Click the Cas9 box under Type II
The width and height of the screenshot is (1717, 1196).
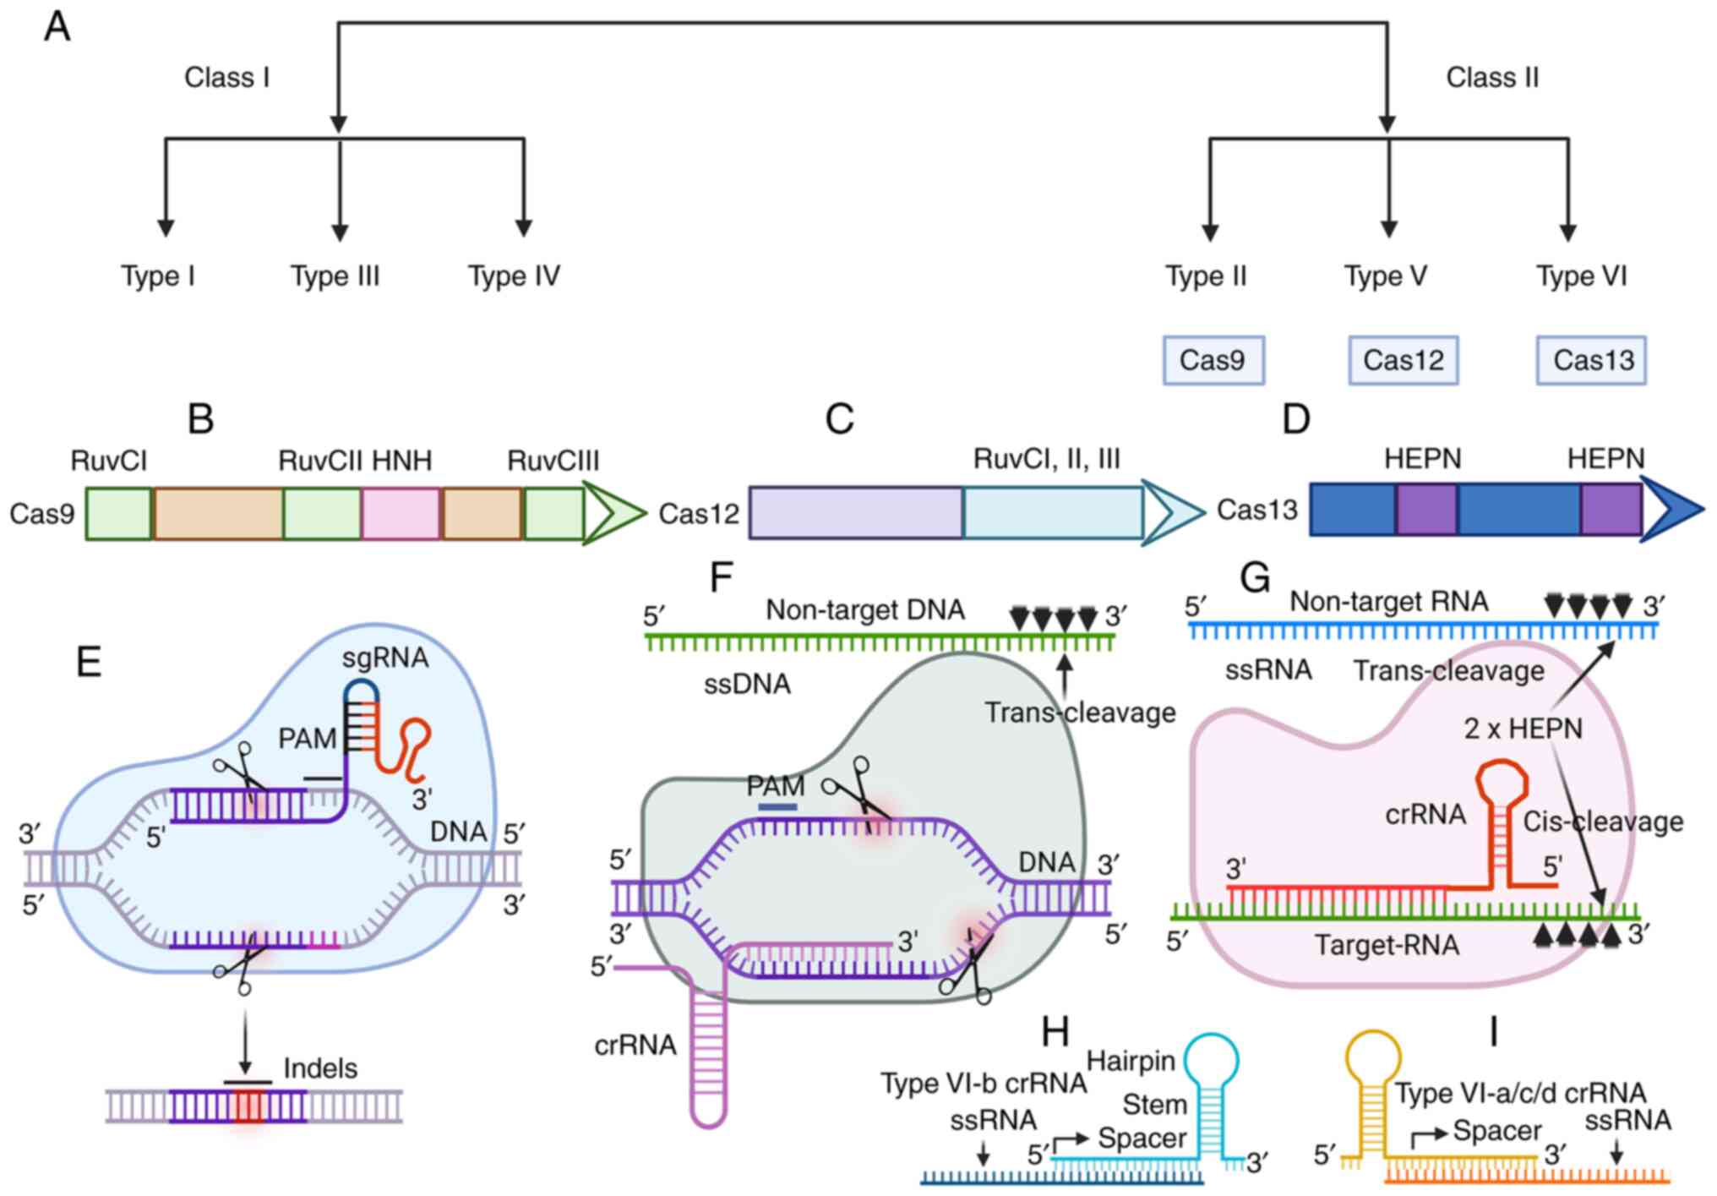(x=1213, y=361)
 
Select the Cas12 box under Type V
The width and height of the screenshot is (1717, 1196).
(x=1403, y=361)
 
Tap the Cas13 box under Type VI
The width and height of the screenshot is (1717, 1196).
(x=1591, y=361)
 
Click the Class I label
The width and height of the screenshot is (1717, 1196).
(x=226, y=78)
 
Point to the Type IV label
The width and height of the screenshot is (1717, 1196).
(x=514, y=276)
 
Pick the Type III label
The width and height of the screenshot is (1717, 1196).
(x=335, y=276)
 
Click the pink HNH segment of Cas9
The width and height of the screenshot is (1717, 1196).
(x=401, y=513)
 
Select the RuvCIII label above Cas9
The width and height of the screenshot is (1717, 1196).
(x=553, y=461)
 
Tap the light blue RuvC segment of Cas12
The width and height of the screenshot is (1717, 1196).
(x=1052, y=513)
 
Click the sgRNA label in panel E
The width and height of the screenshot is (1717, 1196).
(x=385, y=658)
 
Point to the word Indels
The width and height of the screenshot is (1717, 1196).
(x=320, y=1068)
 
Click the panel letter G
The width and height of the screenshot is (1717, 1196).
(x=1255, y=578)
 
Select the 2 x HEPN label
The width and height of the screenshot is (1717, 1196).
(x=1523, y=729)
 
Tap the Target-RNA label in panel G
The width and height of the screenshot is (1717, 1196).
(x=1387, y=944)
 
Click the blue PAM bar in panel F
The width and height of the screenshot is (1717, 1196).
(x=777, y=807)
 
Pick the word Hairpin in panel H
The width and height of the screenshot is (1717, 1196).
(x=1131, y=1061)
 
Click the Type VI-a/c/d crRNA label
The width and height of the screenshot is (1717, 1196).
(x=1520, y=1094)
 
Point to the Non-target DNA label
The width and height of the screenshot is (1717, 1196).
(x=865, y=610)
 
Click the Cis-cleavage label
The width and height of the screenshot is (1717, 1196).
(x=1603, y=822)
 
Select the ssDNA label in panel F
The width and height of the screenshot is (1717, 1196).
(x=747, y=684)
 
